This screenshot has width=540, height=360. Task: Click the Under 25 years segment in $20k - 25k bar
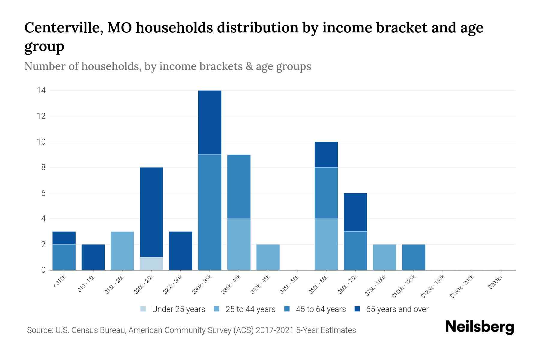point(151,263)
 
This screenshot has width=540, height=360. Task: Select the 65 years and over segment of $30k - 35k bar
point(210,122)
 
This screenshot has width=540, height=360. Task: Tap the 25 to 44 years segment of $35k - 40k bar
point(239,244)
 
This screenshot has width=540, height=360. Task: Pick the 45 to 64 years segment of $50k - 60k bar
point(326,193)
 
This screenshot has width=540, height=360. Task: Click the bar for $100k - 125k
point(414,257)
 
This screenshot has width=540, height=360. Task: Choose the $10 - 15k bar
point(93,257)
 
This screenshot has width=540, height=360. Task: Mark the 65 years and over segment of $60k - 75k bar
point(355,212)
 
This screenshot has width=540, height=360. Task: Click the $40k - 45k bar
point(268,257)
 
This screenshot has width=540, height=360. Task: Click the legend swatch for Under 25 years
point(143,309)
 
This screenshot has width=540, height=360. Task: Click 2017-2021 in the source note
point(275,330)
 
